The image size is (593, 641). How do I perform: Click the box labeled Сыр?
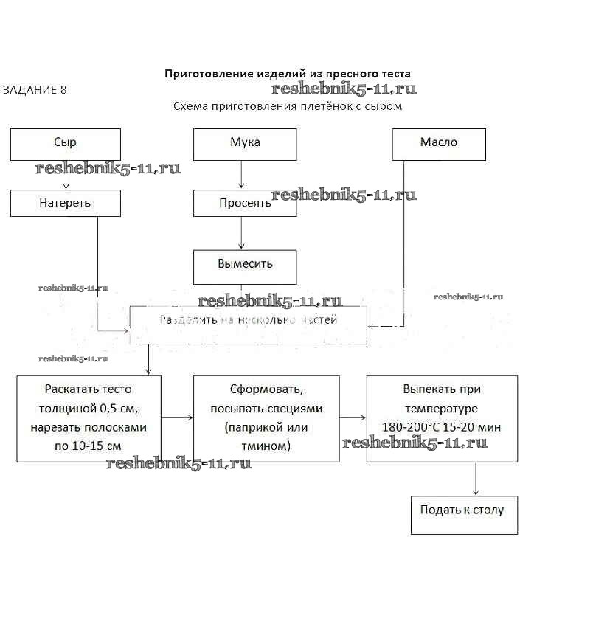[x=65, y=144]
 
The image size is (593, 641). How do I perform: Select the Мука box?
[x=245, y=144]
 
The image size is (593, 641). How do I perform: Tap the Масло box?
[x=438, y=144]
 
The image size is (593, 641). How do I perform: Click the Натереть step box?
[x=65, y=203]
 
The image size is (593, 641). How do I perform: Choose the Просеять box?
[x=245, y=203]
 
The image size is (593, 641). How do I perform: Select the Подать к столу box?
[x=463, y=514]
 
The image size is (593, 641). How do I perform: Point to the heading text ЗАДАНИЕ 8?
[x=35, y=90]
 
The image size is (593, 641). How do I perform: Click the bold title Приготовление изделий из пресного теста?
[x=287, y=74]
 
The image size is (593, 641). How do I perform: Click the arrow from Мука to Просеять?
[x=241, y=175]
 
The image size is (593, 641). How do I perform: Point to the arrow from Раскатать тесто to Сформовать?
[x=177, y=418]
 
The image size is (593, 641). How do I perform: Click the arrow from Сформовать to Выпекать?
[x=353, y=418]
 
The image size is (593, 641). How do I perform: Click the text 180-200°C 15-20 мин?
[x=441, y=427]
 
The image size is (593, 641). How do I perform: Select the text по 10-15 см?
[x=89, y=446]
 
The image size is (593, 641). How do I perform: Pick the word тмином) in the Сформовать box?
[x=266, y=446]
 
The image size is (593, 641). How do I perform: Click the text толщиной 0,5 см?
[x=89, y=408]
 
